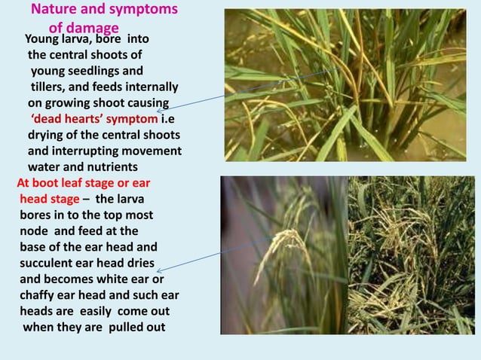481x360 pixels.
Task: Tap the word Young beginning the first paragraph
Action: [45, 39]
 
